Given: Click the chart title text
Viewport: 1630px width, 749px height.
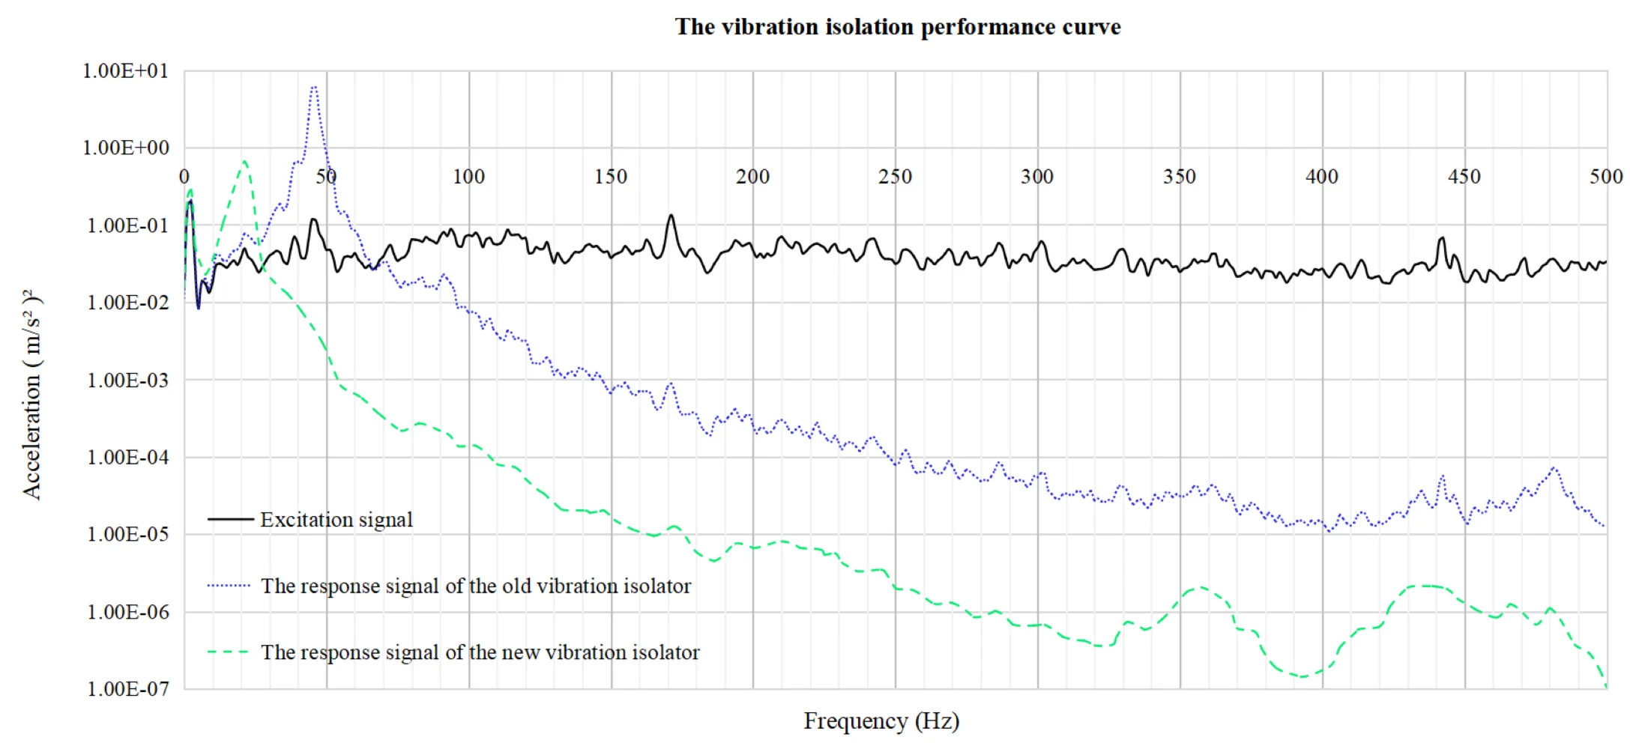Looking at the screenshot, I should (x=897, y=27).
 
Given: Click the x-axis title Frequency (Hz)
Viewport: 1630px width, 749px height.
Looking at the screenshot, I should (x=881, y=721).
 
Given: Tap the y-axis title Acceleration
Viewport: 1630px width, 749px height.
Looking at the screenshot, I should (x=31, y=394).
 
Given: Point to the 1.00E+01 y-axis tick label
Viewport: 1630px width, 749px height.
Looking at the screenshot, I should (x=125, y=71).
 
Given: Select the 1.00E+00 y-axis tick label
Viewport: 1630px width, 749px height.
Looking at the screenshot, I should (x=125, y=148).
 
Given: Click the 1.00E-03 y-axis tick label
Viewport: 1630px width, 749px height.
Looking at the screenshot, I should (x=127, y=380).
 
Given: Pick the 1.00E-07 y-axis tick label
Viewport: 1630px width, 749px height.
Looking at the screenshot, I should (x=127, y=689).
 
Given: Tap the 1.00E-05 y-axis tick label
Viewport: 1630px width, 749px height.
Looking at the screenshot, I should (x=127, y=535).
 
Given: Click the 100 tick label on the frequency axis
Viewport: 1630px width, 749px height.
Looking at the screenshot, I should (x=468, y=177).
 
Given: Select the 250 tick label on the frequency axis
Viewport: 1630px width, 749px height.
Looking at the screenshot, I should (x=895, y=177).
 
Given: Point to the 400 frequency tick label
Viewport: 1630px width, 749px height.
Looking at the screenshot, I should (x=1321, y=177).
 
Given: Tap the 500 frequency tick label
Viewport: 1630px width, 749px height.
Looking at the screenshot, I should (x=1606, y=177).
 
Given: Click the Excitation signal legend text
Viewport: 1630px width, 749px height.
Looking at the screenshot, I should (x=336, y=520).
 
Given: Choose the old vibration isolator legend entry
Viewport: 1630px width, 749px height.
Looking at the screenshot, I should (x=475, y=586).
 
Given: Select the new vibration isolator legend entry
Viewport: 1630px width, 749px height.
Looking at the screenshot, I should (x=480, y=652).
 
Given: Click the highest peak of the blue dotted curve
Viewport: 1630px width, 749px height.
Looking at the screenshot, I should (x=314, y=88).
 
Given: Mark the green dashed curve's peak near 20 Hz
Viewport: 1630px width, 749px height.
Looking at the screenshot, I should (x=244, y=161).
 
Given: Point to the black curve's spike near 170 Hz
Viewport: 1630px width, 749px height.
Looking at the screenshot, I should (x=671, y=216).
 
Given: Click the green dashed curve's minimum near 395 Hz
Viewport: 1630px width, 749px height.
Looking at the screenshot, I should (x=1303, y=676).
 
